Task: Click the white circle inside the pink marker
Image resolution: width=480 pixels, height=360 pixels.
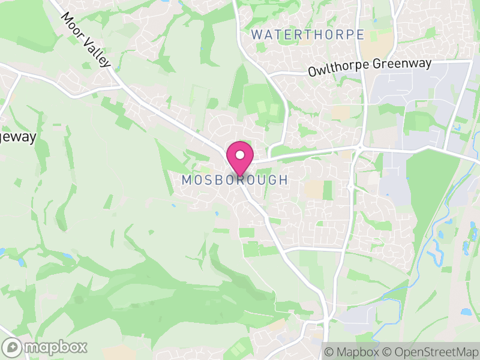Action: [240, 154]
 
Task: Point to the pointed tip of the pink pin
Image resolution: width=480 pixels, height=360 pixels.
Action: [240, 176]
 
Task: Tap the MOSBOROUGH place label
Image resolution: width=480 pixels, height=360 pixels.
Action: [235, 180]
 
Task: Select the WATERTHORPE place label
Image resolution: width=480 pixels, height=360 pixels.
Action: [308, 34]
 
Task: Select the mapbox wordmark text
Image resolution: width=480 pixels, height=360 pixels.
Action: [56, 347]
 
